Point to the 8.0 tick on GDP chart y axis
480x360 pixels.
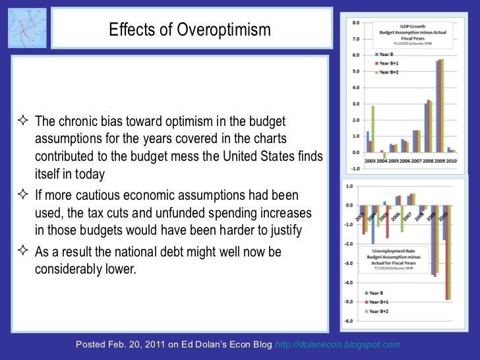tap(356, 22)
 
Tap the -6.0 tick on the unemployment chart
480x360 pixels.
tap(350, 320)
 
